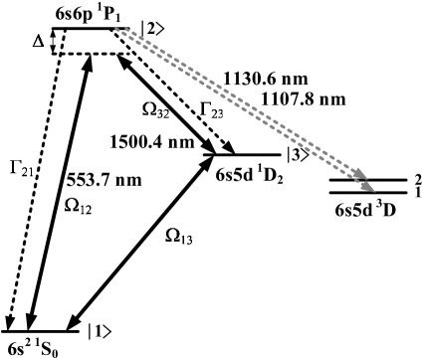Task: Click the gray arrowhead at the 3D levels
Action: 369,188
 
